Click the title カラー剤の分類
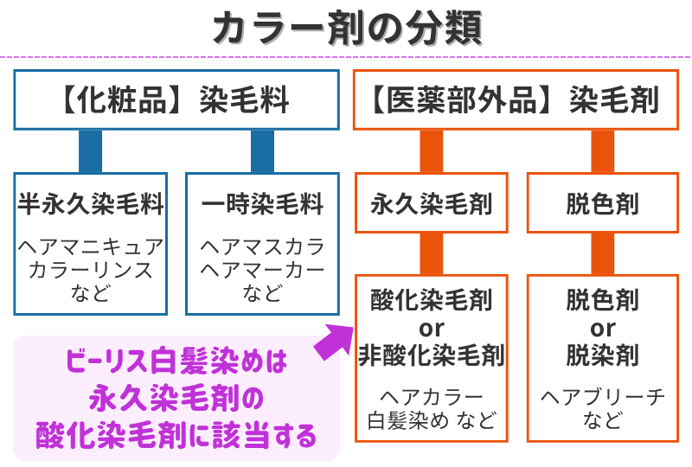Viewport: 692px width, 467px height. [346, 28]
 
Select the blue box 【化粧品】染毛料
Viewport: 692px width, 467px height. [176, 100]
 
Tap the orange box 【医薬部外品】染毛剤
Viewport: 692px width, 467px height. [516, 100]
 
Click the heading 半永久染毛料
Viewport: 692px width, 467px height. [91, 205]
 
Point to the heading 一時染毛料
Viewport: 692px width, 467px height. [261, 205]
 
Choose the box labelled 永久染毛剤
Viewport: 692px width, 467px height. [431, 204]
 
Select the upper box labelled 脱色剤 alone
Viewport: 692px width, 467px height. [602, 204]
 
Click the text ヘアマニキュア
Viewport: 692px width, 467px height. [91, 246]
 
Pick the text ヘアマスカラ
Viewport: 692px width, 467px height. [261, 246]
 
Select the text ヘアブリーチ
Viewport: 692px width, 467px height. [602, 397]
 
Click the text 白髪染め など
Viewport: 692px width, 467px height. [431, 421]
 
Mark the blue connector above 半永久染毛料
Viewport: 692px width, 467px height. [90, 151]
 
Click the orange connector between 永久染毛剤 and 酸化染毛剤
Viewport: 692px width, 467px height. [431, 253]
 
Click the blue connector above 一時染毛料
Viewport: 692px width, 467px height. [261, 151]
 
